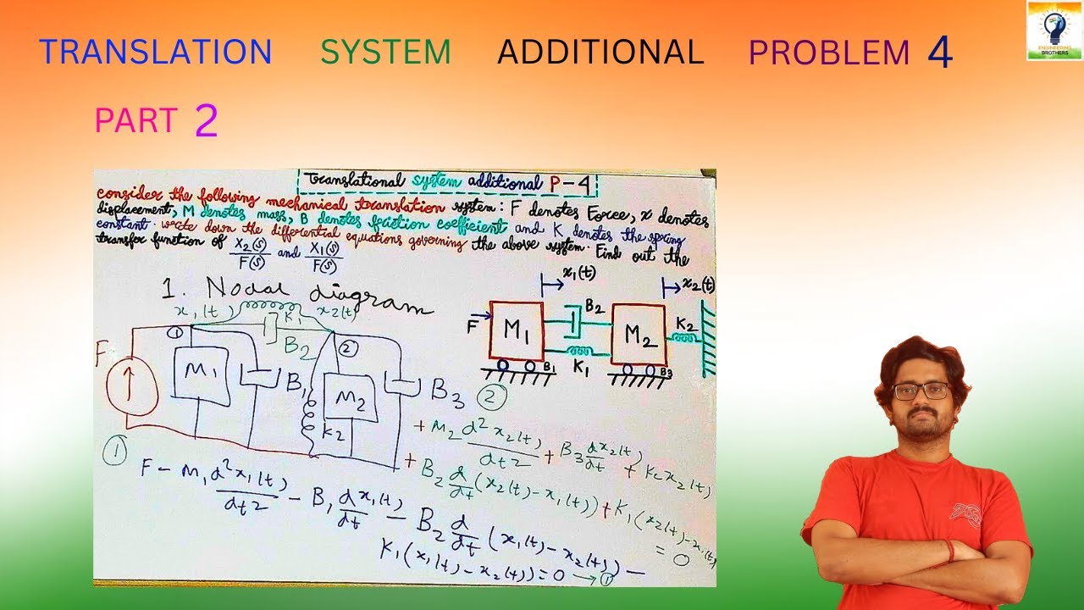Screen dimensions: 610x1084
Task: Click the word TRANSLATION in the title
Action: [x=155, y=52]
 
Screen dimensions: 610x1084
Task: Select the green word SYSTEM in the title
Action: [x=385, y=52]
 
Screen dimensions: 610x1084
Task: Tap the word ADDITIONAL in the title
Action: [x=600, y=52]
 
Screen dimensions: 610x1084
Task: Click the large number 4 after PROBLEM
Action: [x=940, y=53]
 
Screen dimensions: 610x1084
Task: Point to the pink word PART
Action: [x=135, y=120]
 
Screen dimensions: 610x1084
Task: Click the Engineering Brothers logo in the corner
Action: [x=1054, y=30]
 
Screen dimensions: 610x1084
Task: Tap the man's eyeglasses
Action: [x=921, y=391]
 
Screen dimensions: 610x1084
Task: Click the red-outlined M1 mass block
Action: [x=517, y=331]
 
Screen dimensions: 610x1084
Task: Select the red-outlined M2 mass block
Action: [x=639, y=335]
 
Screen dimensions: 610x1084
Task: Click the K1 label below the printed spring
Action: [x=581, y=368]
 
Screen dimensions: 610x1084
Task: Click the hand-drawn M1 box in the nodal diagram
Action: [x=200, y=373]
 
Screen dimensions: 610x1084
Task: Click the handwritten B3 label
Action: [x=448, y=390]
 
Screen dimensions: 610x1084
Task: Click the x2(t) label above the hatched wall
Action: [x=698, y=285]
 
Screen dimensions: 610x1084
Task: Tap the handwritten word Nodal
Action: [x=225, y=290]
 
